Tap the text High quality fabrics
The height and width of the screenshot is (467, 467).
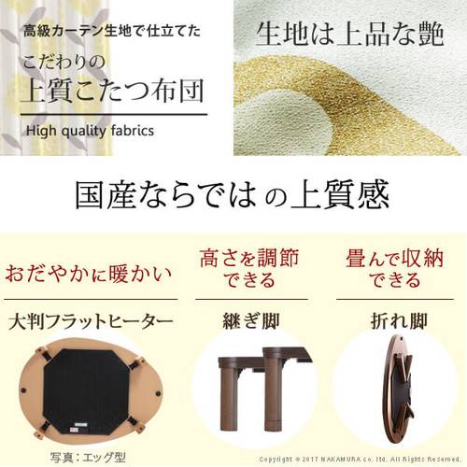tap(90, 130)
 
